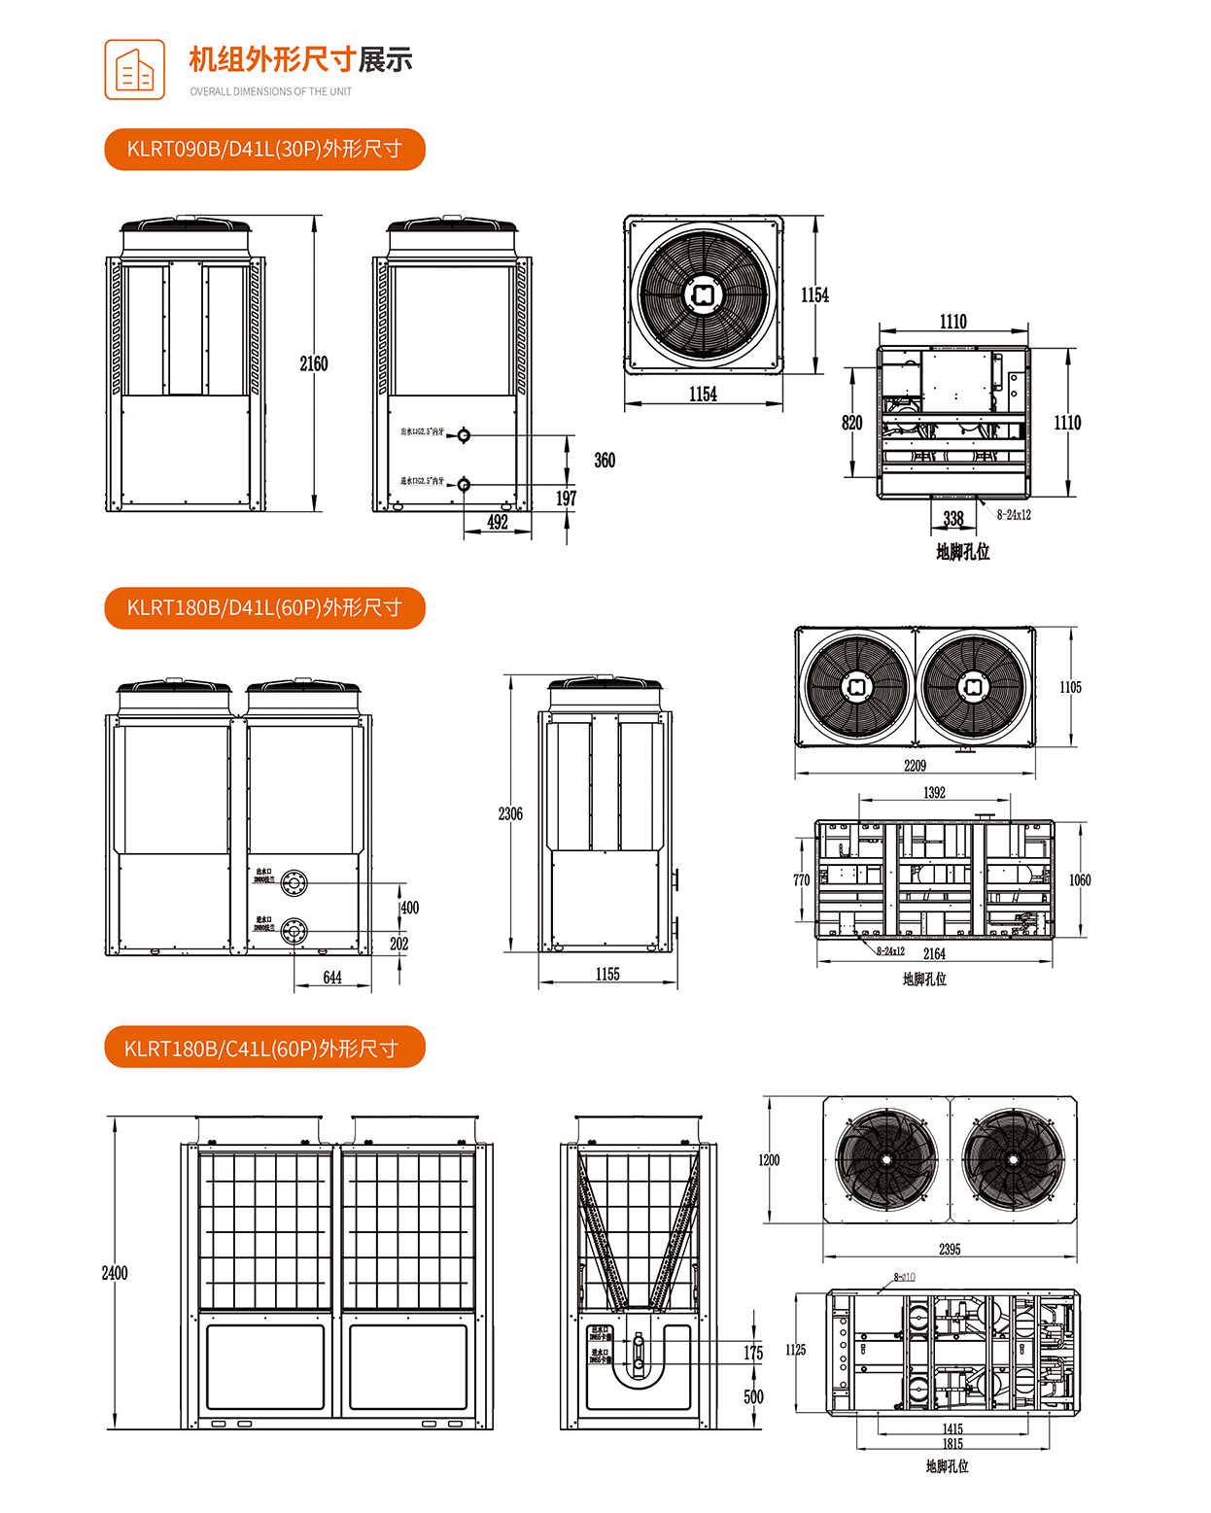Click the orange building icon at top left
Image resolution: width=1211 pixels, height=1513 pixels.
coord(135,70)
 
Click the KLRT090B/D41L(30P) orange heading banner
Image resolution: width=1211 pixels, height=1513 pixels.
coord(264,150)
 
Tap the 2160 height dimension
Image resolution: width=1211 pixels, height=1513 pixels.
coord(313,364)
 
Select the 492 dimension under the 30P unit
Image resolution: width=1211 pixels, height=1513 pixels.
coord(498,522)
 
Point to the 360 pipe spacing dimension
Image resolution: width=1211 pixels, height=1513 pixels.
coord(605,461)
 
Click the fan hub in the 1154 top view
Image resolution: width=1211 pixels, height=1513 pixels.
coord(704,294)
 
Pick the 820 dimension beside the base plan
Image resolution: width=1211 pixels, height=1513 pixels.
coord(851,423)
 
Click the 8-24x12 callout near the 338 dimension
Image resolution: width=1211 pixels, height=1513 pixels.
coord(1014,515)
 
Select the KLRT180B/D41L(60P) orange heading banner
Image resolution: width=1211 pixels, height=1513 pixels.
coord(264,608)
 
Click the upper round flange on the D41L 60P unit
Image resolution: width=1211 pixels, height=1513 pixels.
coord(294,883)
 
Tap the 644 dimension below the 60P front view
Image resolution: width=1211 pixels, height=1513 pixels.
coord(332,978)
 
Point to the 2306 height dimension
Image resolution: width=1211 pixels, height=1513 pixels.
coord(510,814)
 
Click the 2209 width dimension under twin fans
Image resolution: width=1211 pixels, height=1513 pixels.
coord(915,766)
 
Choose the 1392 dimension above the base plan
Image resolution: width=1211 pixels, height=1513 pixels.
coord(934,793)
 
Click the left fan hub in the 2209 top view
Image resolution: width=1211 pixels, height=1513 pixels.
coord(857,687)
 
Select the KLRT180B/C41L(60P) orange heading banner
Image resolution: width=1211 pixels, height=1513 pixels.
coord(264,1049)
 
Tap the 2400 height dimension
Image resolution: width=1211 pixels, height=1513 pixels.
coord(115,1273)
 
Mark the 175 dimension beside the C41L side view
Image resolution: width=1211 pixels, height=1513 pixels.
coord(753,1353)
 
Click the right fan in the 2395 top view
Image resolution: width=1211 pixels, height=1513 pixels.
coord(1013,1159)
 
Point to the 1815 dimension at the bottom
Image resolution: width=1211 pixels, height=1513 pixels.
coord(952,1444)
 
